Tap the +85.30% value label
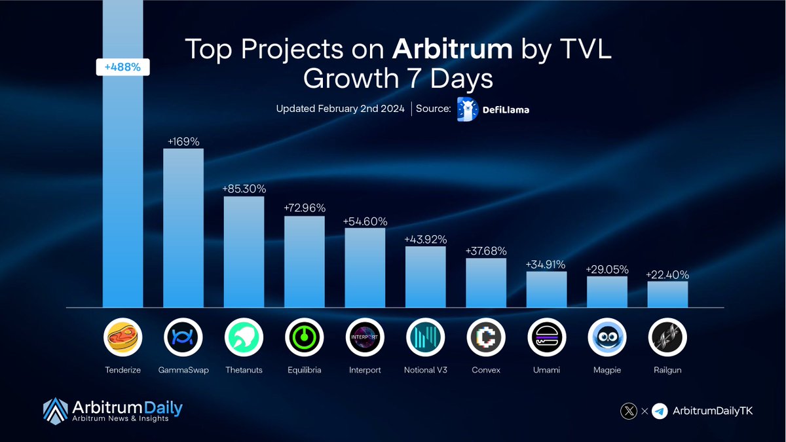pyautogui.click(x=244, y=189)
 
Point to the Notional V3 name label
pyautogui.click(x=425, y=370)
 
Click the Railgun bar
pyautogui.click(x=667, y=294)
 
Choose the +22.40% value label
pyautogui.click(x=667, y=275)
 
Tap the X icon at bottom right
pyautogui.click(x=629, y=411)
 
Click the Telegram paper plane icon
pyautogui.click(x=660, y=411)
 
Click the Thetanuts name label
pyautogui.click(x=244, y=370)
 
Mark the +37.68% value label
pyautogui.click(x=486, y=251)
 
